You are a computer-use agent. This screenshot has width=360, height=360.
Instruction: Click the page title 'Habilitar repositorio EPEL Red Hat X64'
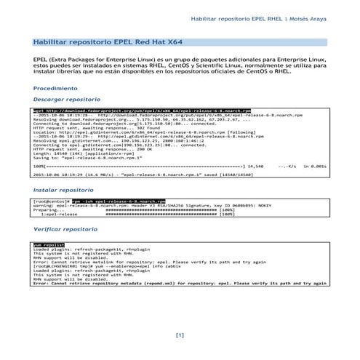[x=104, y=43]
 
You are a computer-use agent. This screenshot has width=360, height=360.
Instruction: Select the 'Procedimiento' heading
[x=59, y=87]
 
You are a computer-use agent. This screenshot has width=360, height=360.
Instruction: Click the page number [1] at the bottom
[x=180, y=335]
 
